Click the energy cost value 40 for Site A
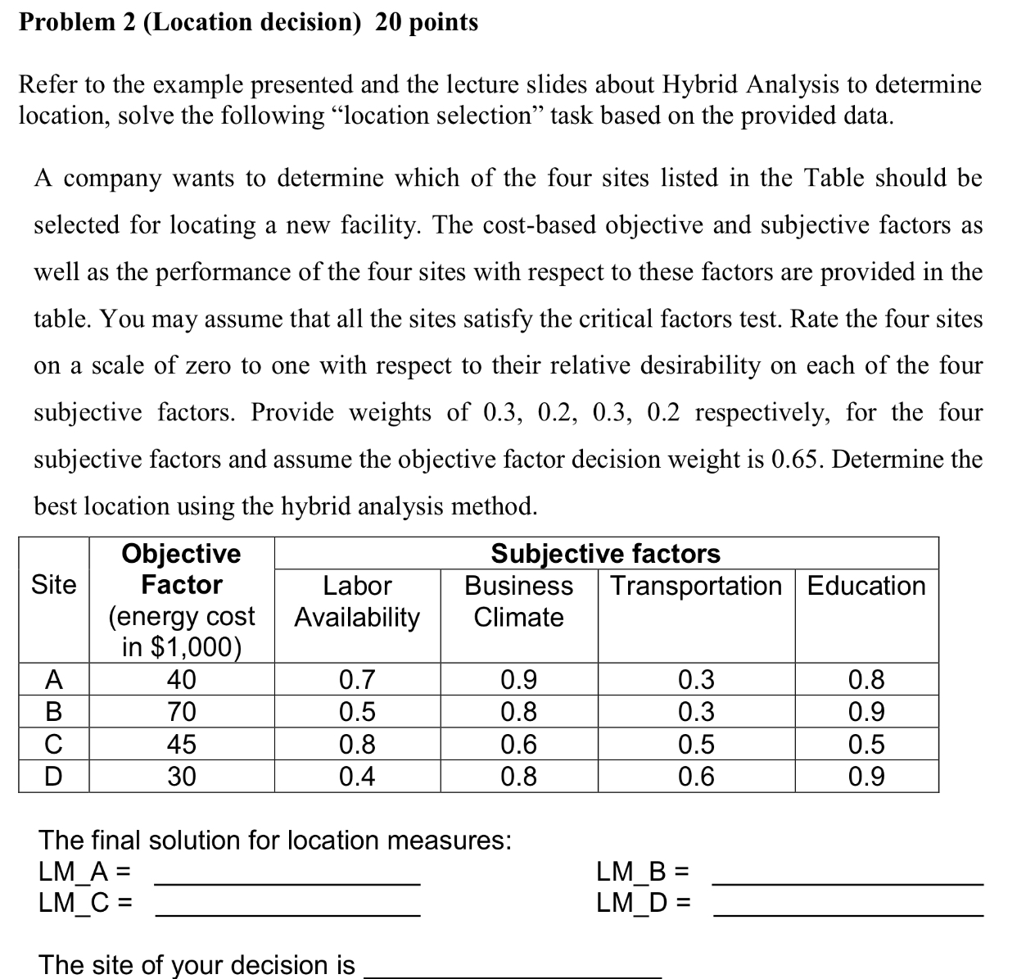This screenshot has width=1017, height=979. click(x=181, y=680)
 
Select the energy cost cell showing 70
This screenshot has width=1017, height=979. click(x=181, y=711)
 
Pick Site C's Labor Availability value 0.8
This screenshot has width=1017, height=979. click(x=357, y=744)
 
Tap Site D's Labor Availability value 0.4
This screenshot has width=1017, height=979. click(x=357, y=776)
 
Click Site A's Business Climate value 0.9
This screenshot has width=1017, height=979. click(x=518, y=680)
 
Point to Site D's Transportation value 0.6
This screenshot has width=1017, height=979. click(x=696, y=776)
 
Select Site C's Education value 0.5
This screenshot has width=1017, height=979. click(x=866, y=744)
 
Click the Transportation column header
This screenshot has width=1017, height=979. click(x=696, y=586)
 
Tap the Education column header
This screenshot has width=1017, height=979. click(x=866, y=586)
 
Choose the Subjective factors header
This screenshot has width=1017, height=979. click(x=605, y=555)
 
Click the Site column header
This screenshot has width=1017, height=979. click(x=53, y=585)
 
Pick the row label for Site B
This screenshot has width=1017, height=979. click(x=53, y=711)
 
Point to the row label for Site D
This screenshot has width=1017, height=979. click(x=53, y=776)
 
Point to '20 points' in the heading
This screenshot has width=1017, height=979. click(x=427, y=22)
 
